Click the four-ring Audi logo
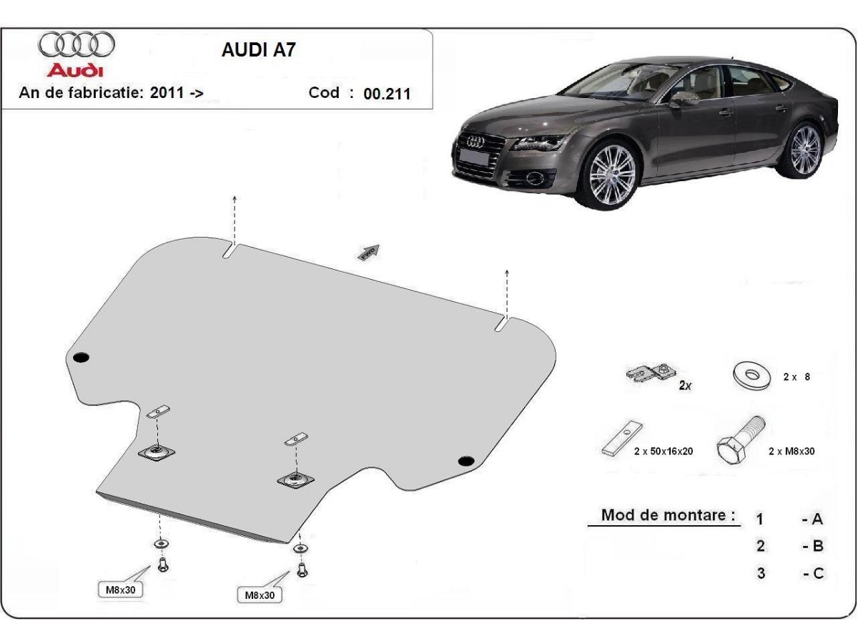pyautogui.click(x=77, y=45)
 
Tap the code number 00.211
pyautogui.click(x=387, y=93)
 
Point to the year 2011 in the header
pyautogui.click(x=167, y=92)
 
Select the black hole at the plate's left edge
pyautogui.click(x=81, y=357)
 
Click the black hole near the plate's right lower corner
pyautogui.click(x=466, y=461)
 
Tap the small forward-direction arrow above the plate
pyautogui.click(x=369, y=251)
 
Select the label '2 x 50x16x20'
pyautogui.click(x=663, y=452)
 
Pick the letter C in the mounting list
pyautogui.click(x=817, y=573)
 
